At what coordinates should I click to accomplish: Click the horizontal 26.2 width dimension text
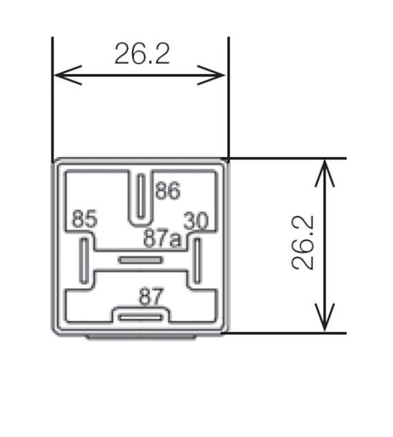(x=142, y=54)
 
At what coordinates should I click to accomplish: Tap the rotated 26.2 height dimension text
(x=303, y=243)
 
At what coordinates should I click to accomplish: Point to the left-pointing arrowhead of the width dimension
(x=62, y=74)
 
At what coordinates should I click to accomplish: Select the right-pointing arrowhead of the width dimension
(x=218, y=74)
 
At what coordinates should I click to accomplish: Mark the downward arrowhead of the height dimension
(x=324, y=323)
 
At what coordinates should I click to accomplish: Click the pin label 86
(x=167, y=192)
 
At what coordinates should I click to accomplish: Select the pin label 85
(x=83, y=219)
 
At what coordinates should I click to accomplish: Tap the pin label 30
(x=197, y=220)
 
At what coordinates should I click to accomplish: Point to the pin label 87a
(x=162, y=238)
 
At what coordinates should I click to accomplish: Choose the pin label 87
(x=150, y=297)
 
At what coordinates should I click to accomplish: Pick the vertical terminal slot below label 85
(x=84, y=258)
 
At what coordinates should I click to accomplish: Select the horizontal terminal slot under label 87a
(x=140, y=260)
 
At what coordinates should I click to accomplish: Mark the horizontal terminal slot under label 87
(x=140, y=317)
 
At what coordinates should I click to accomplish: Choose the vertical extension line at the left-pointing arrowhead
(x=54, y=95)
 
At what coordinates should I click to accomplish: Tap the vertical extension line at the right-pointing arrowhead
(x=228, y=95)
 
